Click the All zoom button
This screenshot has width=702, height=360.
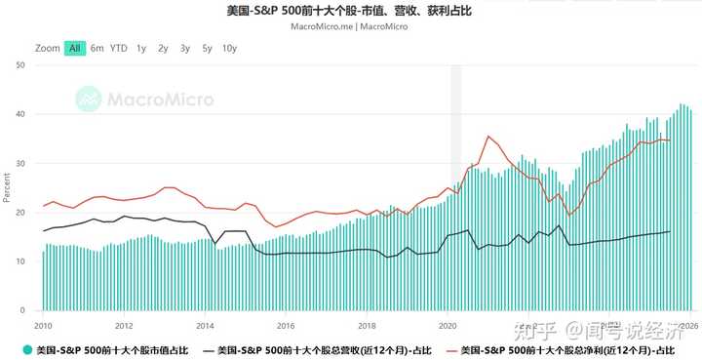pyautogui.click(x=75, y=48)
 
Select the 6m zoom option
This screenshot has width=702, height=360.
pyautogui.click(x=97, y=48)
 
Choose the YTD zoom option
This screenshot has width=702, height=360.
pyautogui.click(x=119, y=48)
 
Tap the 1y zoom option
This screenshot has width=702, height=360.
pyautogui.click(x=141, y=48)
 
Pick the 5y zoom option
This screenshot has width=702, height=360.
pyautogui.click(x=207, y=48)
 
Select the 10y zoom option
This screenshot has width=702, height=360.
pyautogui.click(x=229, y=48)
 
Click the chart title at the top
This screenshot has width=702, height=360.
pyautogui.click(x=350, y=11)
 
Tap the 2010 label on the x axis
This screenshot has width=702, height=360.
pyautogui.click(x=43, y=325)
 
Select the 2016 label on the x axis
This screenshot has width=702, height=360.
pyautogui.click(x=285, y=325)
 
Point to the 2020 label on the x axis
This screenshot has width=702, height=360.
pyautogui.click(x=448, y=325)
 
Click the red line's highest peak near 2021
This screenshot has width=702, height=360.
pyautogui.click(x=487, y=136)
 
